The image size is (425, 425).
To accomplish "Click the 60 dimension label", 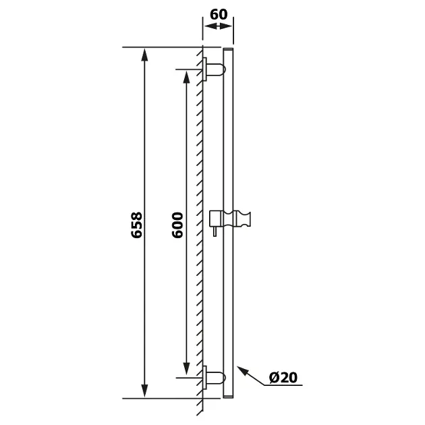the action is (219, 15).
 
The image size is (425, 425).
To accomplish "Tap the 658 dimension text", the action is (136, 225).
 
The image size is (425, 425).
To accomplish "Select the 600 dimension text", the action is (178, 225).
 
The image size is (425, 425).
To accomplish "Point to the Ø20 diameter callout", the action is (283, 377).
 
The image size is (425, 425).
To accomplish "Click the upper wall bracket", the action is (214, 69).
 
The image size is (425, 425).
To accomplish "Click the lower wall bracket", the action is (214, 378).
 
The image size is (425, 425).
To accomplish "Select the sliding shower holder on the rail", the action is (230, 220).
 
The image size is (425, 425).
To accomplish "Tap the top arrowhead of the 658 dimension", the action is (145, 55).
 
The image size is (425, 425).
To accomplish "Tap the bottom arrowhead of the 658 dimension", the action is (145, 391).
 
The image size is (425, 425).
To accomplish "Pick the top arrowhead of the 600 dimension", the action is (186, 78).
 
